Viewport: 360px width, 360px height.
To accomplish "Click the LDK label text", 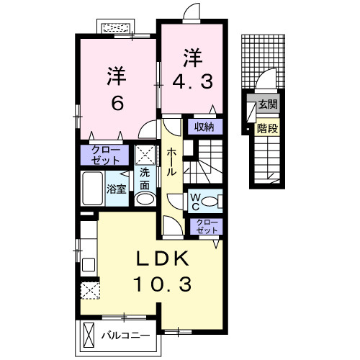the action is click(162, 258).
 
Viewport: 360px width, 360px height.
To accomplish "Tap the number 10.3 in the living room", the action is click(163, 284).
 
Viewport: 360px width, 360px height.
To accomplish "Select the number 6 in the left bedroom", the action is click(117, 103).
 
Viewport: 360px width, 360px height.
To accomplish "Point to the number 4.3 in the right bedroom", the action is click(192, 81).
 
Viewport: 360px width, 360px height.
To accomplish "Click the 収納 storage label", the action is click(204, 127).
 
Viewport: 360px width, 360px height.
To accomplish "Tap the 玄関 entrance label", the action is click(268, 104).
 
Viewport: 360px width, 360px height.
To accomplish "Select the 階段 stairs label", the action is click(267, 129).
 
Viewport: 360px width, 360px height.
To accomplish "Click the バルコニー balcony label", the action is click(125, 335).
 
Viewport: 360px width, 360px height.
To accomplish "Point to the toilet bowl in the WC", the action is click(210, 201).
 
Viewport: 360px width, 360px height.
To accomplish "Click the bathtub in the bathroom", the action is click(93, 188).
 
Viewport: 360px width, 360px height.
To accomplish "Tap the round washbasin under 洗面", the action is click(145, 199).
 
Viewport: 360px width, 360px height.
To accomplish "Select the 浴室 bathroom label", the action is click(117, 189).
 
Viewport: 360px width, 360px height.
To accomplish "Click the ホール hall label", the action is click(171, 162).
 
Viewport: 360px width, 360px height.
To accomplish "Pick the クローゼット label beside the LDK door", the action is click(207, 226).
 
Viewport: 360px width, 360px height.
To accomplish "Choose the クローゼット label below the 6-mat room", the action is click(106, 155).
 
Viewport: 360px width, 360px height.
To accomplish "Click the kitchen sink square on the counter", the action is click(89, 264).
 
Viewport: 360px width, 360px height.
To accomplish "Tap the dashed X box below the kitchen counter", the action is click(90, 291).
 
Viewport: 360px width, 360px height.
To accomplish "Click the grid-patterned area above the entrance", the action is click(263, 61).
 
